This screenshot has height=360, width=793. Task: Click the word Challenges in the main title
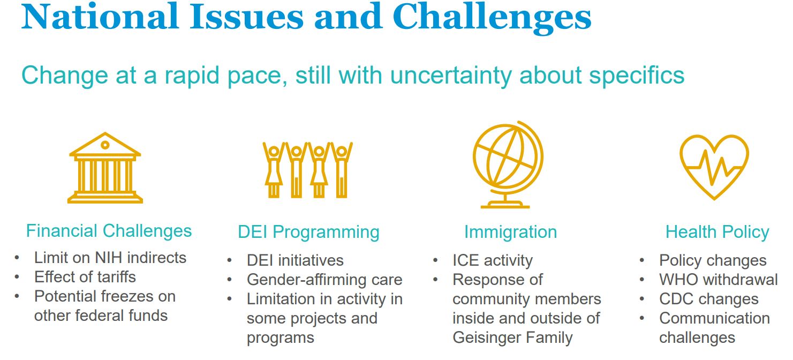click(492, 18)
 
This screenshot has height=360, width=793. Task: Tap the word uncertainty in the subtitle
click(451, 76)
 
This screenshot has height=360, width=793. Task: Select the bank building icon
click(105, 168)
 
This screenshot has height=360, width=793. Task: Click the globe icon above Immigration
click(508, 164)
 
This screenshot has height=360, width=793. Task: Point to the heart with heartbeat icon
click(714, 167)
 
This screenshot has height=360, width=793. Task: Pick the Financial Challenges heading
click(109, 231)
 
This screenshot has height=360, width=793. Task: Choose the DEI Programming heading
click(309, 232)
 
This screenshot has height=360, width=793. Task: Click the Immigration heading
click(510, 232)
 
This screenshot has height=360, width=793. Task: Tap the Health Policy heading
click(718, 232)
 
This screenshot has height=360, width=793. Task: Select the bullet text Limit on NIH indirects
click(110, 258)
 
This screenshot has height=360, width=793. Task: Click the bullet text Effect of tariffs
click(85, 277)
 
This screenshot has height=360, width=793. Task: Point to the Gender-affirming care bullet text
click(324, 280)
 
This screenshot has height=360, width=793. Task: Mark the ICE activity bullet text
click(493, 260)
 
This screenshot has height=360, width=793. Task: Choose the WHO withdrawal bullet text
click(718, 280)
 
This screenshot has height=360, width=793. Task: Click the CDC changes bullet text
click(709, 299)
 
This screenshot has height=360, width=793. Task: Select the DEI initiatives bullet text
click(295, 260)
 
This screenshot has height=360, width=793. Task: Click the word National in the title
click(100, 17)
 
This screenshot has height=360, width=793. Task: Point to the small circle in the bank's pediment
click(105, 145)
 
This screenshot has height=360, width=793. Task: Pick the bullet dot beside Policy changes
click(642, 261)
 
